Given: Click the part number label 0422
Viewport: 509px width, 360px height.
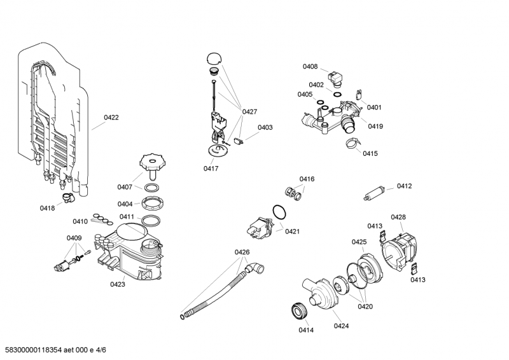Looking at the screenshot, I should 111,118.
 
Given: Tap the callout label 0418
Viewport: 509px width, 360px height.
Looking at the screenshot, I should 47,208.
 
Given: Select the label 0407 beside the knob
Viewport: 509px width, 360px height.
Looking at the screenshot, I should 125,186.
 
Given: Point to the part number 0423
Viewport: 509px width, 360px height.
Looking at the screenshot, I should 118,284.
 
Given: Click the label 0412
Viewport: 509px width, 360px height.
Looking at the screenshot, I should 405,186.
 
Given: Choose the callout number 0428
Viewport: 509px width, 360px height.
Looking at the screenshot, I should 398,217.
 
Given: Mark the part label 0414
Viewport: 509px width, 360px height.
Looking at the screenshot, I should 306,330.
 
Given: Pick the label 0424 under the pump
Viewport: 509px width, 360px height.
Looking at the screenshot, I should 342,326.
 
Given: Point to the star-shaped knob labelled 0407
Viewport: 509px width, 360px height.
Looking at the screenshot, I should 152,162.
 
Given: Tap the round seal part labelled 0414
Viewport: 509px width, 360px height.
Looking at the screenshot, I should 300,310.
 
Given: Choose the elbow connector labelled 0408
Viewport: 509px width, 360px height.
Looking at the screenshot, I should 336,78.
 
